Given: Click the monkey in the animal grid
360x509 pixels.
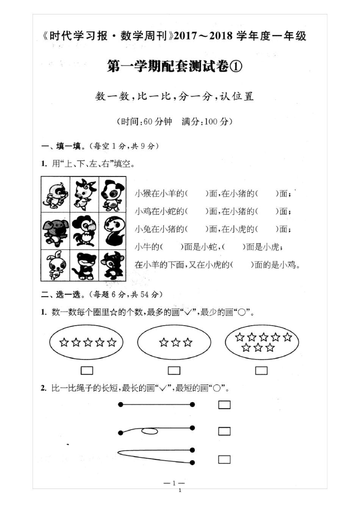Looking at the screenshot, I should pyautogui.click(x=55, y=194).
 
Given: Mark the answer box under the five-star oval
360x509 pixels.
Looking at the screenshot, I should pyautogui.click(x=87, y=370).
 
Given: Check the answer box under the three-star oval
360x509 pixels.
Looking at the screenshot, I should pyautogui.click(x=174, y=370).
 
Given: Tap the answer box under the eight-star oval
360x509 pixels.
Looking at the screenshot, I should pyautogui.click(x=261, y=370).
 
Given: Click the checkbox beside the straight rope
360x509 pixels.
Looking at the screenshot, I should pyautogui.click(x=224, y=405).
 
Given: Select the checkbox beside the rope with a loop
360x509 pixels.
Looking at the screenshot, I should pyautogui.click(x=224, y=431).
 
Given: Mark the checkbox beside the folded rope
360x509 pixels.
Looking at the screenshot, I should pyautogui.click(x=224, y=459).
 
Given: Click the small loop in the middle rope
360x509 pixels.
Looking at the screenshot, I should pyautogui.click(x=150, y=431).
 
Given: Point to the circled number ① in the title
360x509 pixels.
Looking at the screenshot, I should pyautogui.click(x=236, y=67).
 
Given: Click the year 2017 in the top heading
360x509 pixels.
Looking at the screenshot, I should pyautogui.click(x=186, y=36).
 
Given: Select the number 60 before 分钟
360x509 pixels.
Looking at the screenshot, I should pyautogui.click(x=148, y=122).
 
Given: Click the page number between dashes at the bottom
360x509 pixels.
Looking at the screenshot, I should pyautogui.click(x=174, y=483).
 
